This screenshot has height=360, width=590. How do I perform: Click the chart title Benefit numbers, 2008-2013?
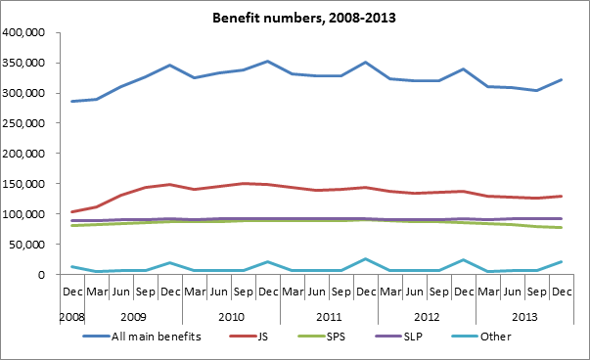[x=304, y=18]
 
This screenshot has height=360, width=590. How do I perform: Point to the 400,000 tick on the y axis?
[x=23, y=32]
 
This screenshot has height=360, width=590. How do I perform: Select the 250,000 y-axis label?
[x=23, y=123]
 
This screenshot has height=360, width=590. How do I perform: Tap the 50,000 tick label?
[x=28, y=245]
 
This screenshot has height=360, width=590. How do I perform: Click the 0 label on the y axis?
[x=41, y=275]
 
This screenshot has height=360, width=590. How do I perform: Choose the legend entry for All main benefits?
[x=142, y=336]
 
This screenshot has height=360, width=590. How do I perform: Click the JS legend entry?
[x=249, y=336]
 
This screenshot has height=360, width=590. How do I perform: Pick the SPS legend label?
[x=321, y=336]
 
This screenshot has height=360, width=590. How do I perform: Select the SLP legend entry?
[x=399, y=336]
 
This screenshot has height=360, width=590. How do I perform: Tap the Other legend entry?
[x=481, y=336]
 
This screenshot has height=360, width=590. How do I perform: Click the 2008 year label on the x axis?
[x=71, y=317]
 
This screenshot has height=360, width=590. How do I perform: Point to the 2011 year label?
[x=329, y=317]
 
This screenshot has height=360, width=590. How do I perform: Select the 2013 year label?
[x=524, y=317]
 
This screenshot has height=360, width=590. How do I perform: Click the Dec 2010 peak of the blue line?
[x=267, y=61]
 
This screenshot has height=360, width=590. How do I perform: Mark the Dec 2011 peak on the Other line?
[x=365, y=259]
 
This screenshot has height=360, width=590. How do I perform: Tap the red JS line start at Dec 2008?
[x=71, y=211]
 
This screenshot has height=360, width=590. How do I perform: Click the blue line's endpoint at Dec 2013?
[x=561, y=80]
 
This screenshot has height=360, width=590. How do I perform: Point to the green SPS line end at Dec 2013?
[x=561, y=227]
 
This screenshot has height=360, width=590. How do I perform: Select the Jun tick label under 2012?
[x=415, y=292]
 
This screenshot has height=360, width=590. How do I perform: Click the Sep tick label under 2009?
[x=145, y=292]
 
